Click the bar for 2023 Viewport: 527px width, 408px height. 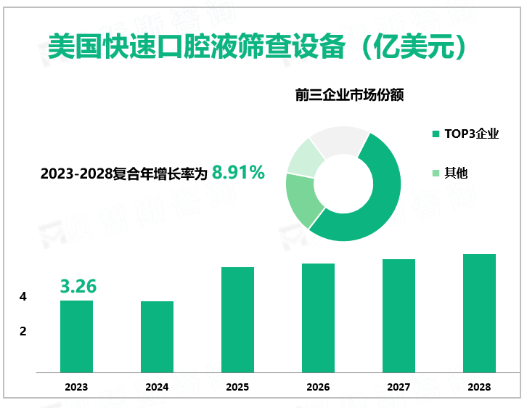76,336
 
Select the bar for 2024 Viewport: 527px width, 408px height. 157,337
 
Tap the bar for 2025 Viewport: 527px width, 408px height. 237,319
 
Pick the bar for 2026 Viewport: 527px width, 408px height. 318,318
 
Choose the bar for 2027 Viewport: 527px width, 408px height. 399,316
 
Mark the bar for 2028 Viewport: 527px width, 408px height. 479,313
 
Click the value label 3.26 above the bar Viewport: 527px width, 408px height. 78,286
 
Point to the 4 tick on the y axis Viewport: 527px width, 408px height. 23,297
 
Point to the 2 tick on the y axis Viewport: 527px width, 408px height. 23,332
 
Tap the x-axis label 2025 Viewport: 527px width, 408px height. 237,387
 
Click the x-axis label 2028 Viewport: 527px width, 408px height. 479,387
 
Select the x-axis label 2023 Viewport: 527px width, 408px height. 76,387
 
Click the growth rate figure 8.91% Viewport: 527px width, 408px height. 238,173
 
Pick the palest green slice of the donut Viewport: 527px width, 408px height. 305,156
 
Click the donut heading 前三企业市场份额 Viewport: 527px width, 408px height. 349,94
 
